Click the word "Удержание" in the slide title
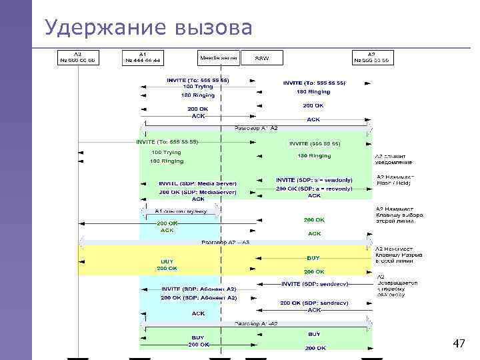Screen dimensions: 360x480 pos(103,27)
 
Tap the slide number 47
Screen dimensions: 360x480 pos(459,344)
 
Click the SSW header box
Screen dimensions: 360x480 pos(262,58)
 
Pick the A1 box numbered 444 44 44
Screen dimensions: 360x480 pos(143,57)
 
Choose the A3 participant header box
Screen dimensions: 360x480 pos(78,57)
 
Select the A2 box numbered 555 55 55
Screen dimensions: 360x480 pos(372,57)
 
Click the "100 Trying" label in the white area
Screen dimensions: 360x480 pos(198,87)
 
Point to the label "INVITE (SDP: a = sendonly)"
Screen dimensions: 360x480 pos(314,180)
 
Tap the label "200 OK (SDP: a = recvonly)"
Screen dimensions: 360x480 pos(314,188)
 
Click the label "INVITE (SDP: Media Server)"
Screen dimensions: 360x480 pos(197,183)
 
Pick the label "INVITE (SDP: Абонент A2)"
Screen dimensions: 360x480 pos(199,289)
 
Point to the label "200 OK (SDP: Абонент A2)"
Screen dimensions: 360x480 pos(199,298)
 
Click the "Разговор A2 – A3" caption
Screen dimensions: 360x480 pos(225,242)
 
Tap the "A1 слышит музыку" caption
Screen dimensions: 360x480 pos(181,211)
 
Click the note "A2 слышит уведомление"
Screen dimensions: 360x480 pos(393,158)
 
